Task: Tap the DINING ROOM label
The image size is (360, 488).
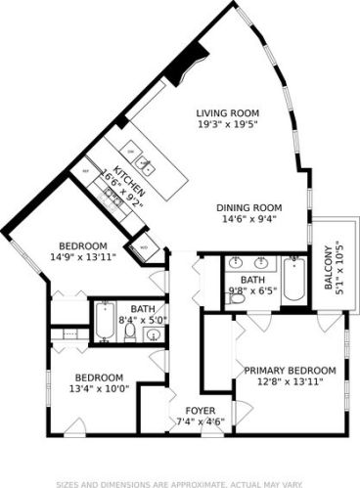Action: pos(248,207)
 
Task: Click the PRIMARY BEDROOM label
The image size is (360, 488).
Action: pos(290,370)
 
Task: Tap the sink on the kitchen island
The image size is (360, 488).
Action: pos(144,163)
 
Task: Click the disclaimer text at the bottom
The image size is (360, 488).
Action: pos(180,481)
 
